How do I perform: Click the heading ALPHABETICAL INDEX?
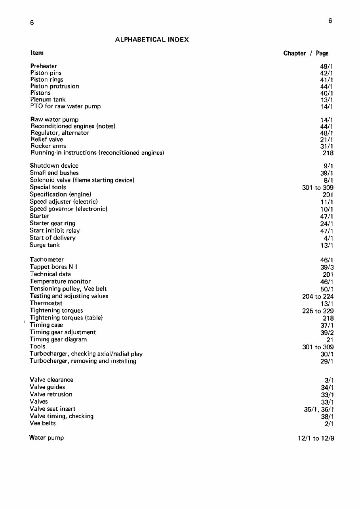tap(152, 40)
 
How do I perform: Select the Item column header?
tap(37, 53)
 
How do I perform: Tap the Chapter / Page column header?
tap(306, 53)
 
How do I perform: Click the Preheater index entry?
tap(44, 66)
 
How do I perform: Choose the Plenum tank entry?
tap(48, 100)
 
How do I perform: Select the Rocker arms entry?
tap(48, 146)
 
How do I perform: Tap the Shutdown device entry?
tap(54, 166)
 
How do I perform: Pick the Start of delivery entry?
tap(53, 238)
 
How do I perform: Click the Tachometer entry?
tap(47, 260)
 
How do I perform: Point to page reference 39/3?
tap(327, 267)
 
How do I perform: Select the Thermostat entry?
tap(46, 303)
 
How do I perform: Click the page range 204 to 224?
tap(318, 296)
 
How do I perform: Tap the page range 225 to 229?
tap(318, 311)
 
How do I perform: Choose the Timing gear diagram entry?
tap(58, 339)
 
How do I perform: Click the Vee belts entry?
tap(43, 423)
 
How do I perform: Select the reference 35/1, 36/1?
tap(318, 409)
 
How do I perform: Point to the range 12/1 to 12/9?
tap(316, 438)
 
